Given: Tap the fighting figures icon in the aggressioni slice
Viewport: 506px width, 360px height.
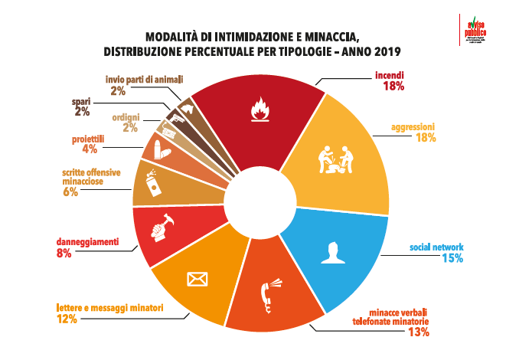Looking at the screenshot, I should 334,161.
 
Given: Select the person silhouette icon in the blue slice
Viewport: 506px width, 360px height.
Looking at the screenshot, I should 331,252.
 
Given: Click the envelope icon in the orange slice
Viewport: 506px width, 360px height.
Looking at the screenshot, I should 198,277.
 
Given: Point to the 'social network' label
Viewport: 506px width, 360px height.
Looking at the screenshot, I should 436,247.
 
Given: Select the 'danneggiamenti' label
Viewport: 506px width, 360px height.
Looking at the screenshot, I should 88,242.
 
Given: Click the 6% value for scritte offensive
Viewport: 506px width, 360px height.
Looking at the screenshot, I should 71,192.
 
